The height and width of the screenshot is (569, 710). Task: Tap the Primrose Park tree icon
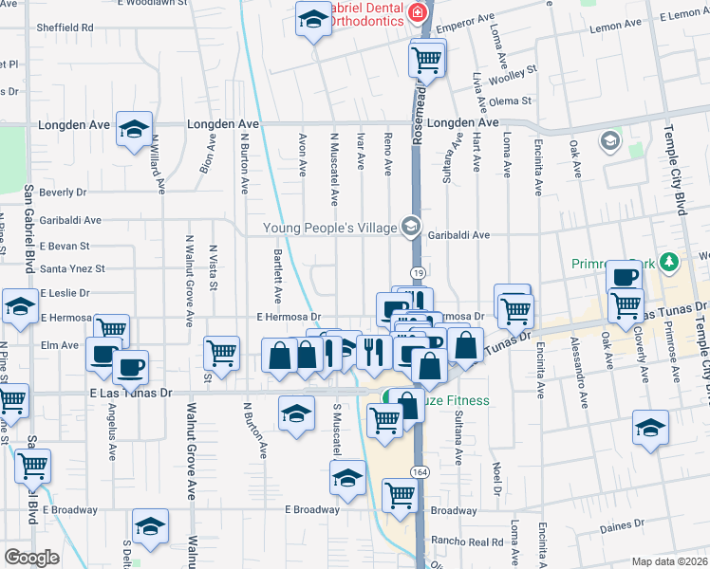(668, 261)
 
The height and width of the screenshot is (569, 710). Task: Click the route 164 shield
(418, 471)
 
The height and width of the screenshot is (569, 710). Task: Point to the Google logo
(31, 557)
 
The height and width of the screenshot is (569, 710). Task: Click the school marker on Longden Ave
(135, 128)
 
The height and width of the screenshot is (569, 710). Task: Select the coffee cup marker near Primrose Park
(624, 277)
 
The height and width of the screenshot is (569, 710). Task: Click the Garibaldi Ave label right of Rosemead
(458, 235)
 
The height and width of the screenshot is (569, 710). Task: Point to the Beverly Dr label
(63, 193)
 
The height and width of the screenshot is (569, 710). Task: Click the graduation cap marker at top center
(312, 19)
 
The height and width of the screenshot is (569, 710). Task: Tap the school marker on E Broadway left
(151, 527)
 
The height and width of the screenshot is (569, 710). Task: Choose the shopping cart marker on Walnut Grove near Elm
(222, 353)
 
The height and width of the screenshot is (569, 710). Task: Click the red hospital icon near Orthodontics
(417, 11)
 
